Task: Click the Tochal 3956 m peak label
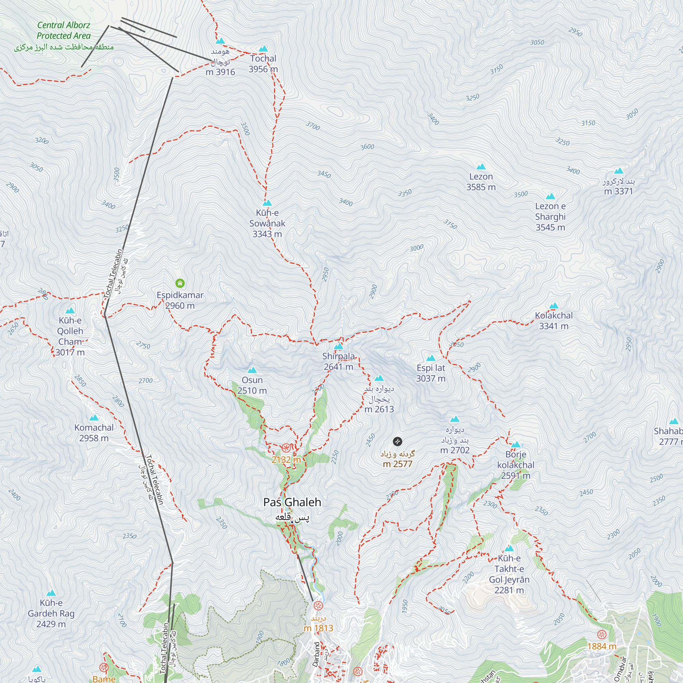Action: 263,64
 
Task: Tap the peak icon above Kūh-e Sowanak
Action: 267,203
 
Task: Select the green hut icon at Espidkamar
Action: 180,283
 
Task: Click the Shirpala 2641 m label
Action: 338,361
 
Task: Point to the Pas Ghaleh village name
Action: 292,502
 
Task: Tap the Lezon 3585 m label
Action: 481,182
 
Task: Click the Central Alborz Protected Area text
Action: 64,30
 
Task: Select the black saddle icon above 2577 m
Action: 398,441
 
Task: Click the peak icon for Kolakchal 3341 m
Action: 554,306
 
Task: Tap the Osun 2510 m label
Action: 252,385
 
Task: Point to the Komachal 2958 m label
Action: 94,433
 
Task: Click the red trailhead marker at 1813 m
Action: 319,606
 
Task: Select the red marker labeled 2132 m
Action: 286,448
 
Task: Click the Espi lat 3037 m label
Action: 431,373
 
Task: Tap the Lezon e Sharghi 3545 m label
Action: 550,217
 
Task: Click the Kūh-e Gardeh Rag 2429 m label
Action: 51,613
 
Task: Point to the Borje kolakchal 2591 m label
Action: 516,465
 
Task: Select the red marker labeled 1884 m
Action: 602,634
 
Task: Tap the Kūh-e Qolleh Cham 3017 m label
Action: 70,336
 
